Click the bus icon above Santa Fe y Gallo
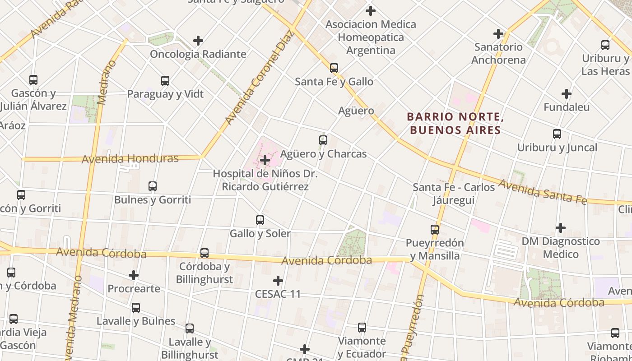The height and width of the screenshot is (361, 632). (334, 68)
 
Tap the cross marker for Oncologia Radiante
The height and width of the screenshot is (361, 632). (198, 41)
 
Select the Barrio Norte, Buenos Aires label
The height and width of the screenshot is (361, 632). (455, 124)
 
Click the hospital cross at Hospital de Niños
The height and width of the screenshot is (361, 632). (265, 160)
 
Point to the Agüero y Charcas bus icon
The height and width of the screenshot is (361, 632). (323, 140)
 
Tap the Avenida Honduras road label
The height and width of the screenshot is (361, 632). (130, 158)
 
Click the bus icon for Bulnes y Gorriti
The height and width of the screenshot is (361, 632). (152, 186)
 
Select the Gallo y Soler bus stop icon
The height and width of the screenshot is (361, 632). (260, 220)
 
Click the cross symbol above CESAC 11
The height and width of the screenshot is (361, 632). (278, 281)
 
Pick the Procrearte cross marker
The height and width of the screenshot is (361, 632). (134, 275)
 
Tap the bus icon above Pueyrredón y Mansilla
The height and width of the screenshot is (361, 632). (434, 229)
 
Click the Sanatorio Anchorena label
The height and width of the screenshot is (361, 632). (498, 53)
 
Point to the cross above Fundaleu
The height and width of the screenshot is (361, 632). (566, 94)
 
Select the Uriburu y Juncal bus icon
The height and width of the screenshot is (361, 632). (557, 134)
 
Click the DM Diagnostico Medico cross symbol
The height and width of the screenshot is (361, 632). (560, 228)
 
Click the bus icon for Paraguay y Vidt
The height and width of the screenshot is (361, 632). (165, 81)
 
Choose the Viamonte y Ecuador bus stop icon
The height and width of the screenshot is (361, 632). (362, 327)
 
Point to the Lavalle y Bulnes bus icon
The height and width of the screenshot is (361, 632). (135, 308)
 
